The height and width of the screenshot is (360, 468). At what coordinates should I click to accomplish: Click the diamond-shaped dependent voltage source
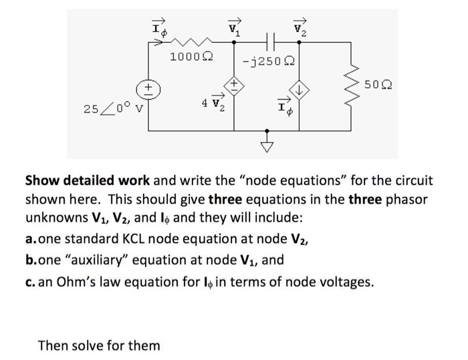[x=233, y=85]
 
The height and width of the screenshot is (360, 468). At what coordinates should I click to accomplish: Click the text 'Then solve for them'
[x=99, y=345]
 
